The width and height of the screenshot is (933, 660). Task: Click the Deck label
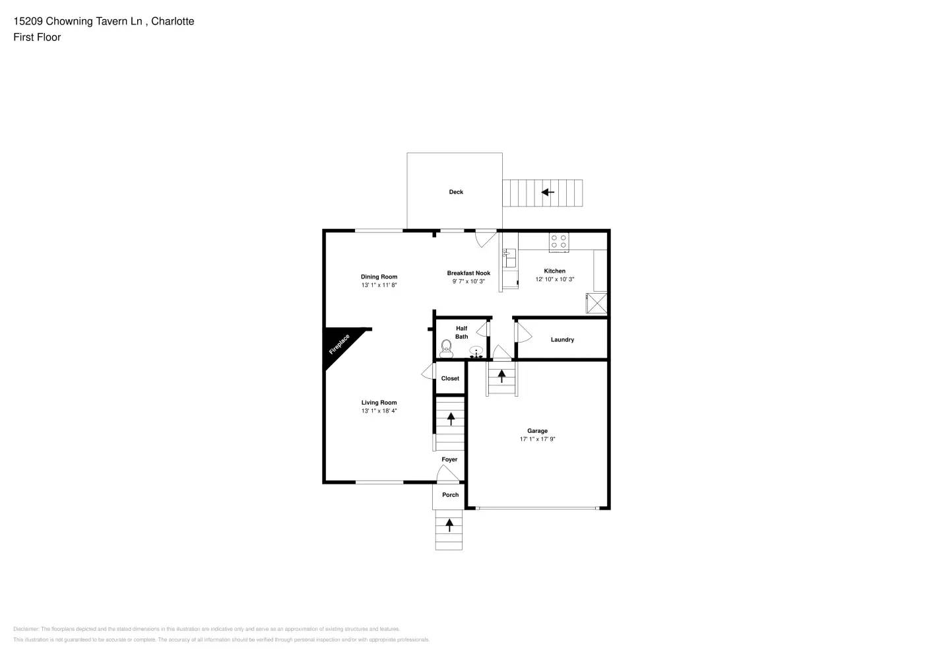click(x=456, y=192)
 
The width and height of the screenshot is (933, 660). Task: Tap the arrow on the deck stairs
click(x=547, y=193)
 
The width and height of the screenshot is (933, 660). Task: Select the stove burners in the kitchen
click(x=559, y=242)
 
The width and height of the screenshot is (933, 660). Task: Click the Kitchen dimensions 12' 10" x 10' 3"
click(x=554, y=280)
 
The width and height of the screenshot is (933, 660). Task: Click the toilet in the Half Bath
click(x=446, y=348)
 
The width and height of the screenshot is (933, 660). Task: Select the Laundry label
click(x=562, y=340)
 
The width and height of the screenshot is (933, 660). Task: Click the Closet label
click(x=450, y=379)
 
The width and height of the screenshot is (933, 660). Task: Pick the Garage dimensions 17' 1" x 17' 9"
click(x=537, y=440)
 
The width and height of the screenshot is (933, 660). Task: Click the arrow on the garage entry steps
click(x=501, y=376)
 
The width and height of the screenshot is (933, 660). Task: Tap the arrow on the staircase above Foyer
click(x=451, y=418)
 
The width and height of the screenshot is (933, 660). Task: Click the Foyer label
click(x=449, y=460)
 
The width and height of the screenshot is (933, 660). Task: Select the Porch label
click(x=450, y=495)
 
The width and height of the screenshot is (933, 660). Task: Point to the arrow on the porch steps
click(x=449, y=525)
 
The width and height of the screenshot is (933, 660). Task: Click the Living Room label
click(x=379, y=403)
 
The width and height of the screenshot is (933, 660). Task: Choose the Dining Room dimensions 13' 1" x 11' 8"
click(x=379, y=286)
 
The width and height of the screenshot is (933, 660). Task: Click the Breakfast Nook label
click(x=468, y=273)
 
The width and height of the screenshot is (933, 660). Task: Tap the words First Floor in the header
click(x=37, y=38)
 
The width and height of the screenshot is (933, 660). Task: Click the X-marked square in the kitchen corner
click(x=596, y=304)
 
